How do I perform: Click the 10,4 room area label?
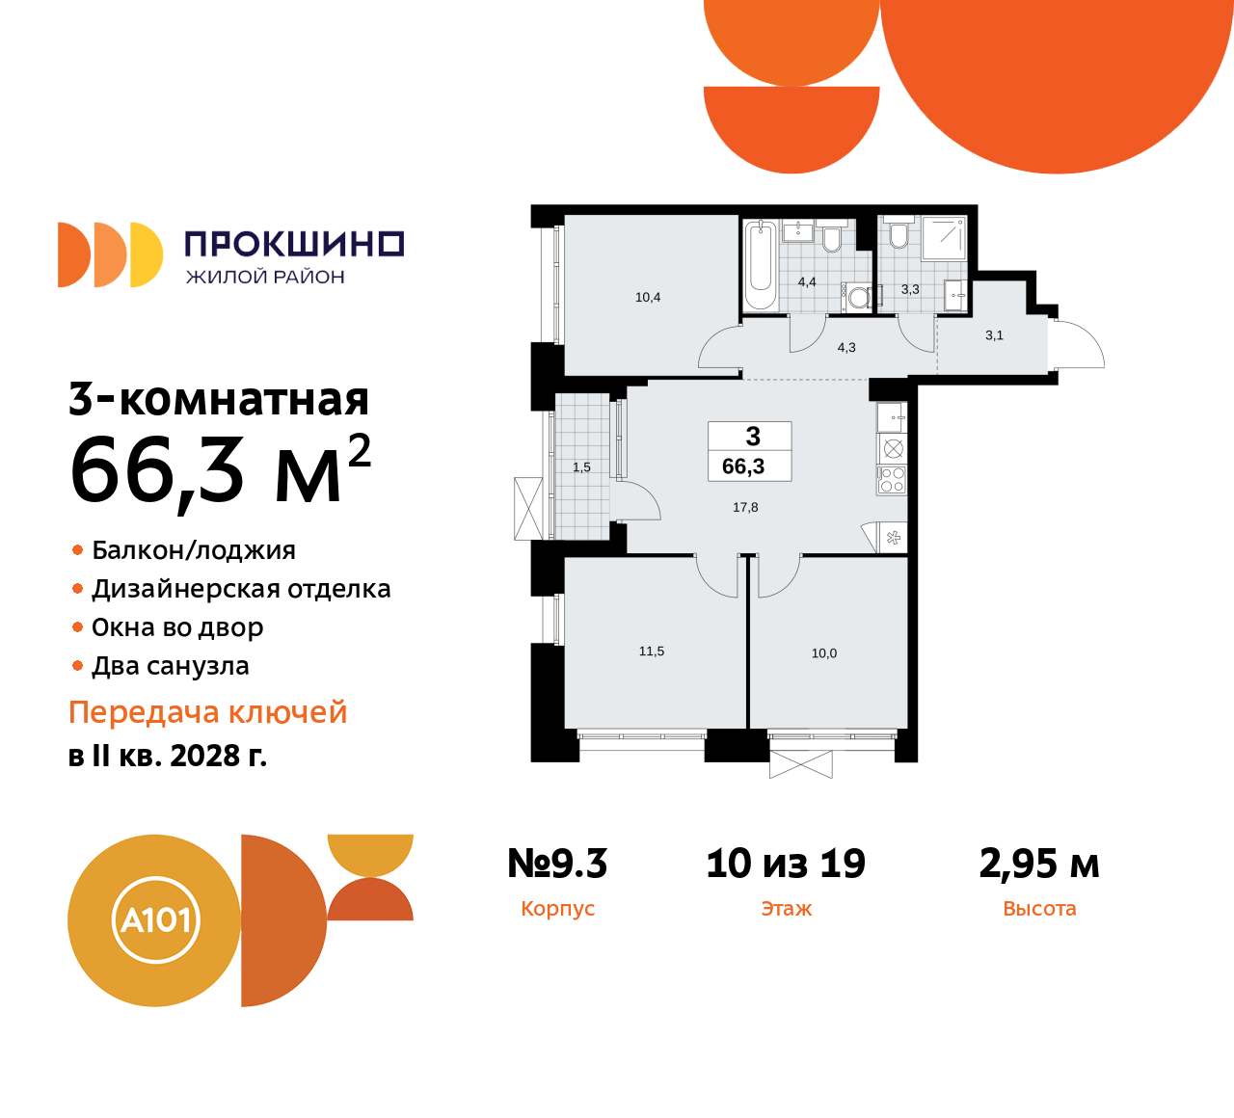pos(648,298)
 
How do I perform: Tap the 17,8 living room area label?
pos(745,508)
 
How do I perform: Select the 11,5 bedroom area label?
pos(652,652)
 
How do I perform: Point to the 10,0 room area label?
pos(824,653)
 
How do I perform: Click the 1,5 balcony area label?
pos(581,467)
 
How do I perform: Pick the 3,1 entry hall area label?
pos(994,336)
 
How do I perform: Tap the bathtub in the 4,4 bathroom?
pos(761,265)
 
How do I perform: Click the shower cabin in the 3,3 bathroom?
pos(944,238)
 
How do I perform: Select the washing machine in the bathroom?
pos(857,298)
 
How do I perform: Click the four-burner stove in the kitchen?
pos(892,479)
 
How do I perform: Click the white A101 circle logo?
pos(155,920)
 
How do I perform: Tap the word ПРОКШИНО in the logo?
pos(294,244)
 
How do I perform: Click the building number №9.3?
pos(557,864)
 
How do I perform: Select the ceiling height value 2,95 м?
pos(1039,864)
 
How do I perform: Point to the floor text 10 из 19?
pos(786,864)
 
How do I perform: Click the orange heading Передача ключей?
pos(208,712)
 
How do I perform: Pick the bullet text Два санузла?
pos(170,666)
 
